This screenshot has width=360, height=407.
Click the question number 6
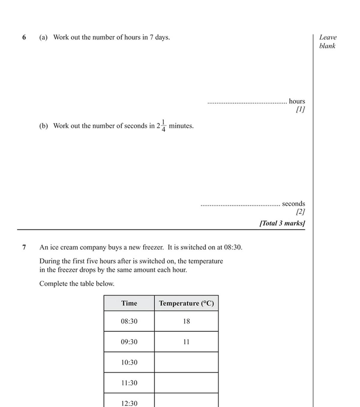24,37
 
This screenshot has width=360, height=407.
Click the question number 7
24,247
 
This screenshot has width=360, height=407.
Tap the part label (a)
43,37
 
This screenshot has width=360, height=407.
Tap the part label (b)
43,126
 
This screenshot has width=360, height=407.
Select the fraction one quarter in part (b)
163,126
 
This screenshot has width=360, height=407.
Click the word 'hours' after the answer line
297,101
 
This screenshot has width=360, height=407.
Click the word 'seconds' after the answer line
293,204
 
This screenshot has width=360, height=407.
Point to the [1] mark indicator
300,109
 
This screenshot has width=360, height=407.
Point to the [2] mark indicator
300,212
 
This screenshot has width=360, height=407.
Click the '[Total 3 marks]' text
282,223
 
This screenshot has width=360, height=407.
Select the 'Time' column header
129,303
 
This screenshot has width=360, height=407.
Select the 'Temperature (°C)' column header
186,303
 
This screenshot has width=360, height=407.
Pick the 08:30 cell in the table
129,321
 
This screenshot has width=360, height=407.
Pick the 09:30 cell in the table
129,342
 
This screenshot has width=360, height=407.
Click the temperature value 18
186,321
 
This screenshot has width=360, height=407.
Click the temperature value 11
186,342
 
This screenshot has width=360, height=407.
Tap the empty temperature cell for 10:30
186,362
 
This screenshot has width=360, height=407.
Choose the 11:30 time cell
129,383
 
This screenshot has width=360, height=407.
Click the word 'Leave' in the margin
328,37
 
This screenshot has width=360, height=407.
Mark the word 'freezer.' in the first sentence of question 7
153,247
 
